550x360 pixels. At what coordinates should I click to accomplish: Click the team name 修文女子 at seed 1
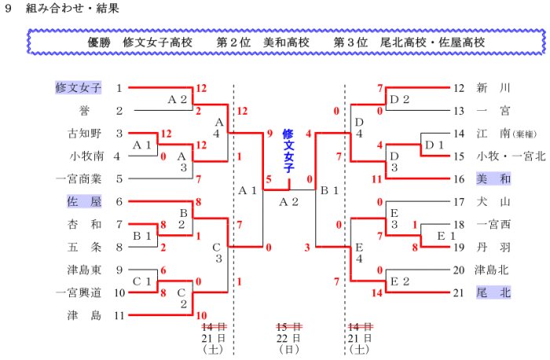pyautogui.click(x=79, y=88)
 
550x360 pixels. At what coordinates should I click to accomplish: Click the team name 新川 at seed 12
pyautogui.click(x=493, y=88)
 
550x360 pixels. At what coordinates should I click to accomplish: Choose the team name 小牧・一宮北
pyautogui.click(x=509, y=156)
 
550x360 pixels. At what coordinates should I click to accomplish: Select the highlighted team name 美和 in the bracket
pyautogui.click(x=493, y=179)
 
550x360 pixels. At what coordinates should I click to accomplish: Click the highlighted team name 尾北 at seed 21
pyautogui.click(x=493, y=293)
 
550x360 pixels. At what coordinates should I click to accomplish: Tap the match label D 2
pyautogui.click(x=400, y=99)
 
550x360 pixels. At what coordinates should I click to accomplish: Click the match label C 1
pyautogui.click(x=142, y=281)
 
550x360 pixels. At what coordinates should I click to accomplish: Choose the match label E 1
pyautogui.click(x=446, y=236)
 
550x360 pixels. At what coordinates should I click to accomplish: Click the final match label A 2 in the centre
pyautogui.click(x=289, y=202)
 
